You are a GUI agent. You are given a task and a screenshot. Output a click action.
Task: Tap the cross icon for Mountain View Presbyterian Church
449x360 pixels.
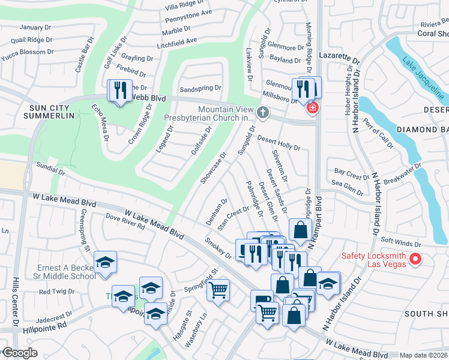[x=262, y=112]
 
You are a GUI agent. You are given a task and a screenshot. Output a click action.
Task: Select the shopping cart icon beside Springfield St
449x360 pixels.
[x=218, y=290]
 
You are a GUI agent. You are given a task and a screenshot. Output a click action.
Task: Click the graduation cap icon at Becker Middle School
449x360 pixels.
[x=105, y=263]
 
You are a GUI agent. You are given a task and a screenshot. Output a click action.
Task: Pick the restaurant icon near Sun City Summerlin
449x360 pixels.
[x=119, y=91]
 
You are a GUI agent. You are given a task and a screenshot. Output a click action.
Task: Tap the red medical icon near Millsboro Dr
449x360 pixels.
[x=312, y=108]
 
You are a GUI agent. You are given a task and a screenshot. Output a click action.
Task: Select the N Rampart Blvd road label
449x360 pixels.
[x=316, y=223]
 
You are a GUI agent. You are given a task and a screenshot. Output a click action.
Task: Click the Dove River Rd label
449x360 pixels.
[x=125, y=222]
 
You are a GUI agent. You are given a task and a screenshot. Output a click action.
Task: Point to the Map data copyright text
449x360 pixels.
[x=424, y=355]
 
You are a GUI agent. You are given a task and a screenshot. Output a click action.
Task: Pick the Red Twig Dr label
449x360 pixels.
[x=57, y=292]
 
